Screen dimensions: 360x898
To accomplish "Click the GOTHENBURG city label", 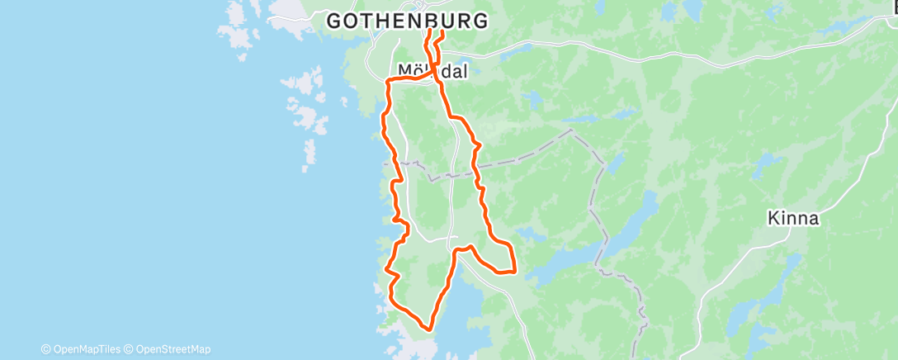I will (407, 21).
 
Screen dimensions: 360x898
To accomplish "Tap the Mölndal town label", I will (432, 72).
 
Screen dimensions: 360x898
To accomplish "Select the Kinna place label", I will (792, 219).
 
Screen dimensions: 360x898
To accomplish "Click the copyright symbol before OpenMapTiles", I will (46, 349).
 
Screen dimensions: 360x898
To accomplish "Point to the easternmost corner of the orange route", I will (515, 269).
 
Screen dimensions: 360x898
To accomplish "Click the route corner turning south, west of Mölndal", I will (389, 80).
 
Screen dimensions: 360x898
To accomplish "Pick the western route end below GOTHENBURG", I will (428, 33).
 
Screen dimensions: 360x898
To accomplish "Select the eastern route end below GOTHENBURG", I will (442, 33).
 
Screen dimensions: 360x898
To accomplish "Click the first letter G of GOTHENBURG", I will (335, 21).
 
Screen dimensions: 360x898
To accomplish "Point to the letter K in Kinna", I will (772, 219).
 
